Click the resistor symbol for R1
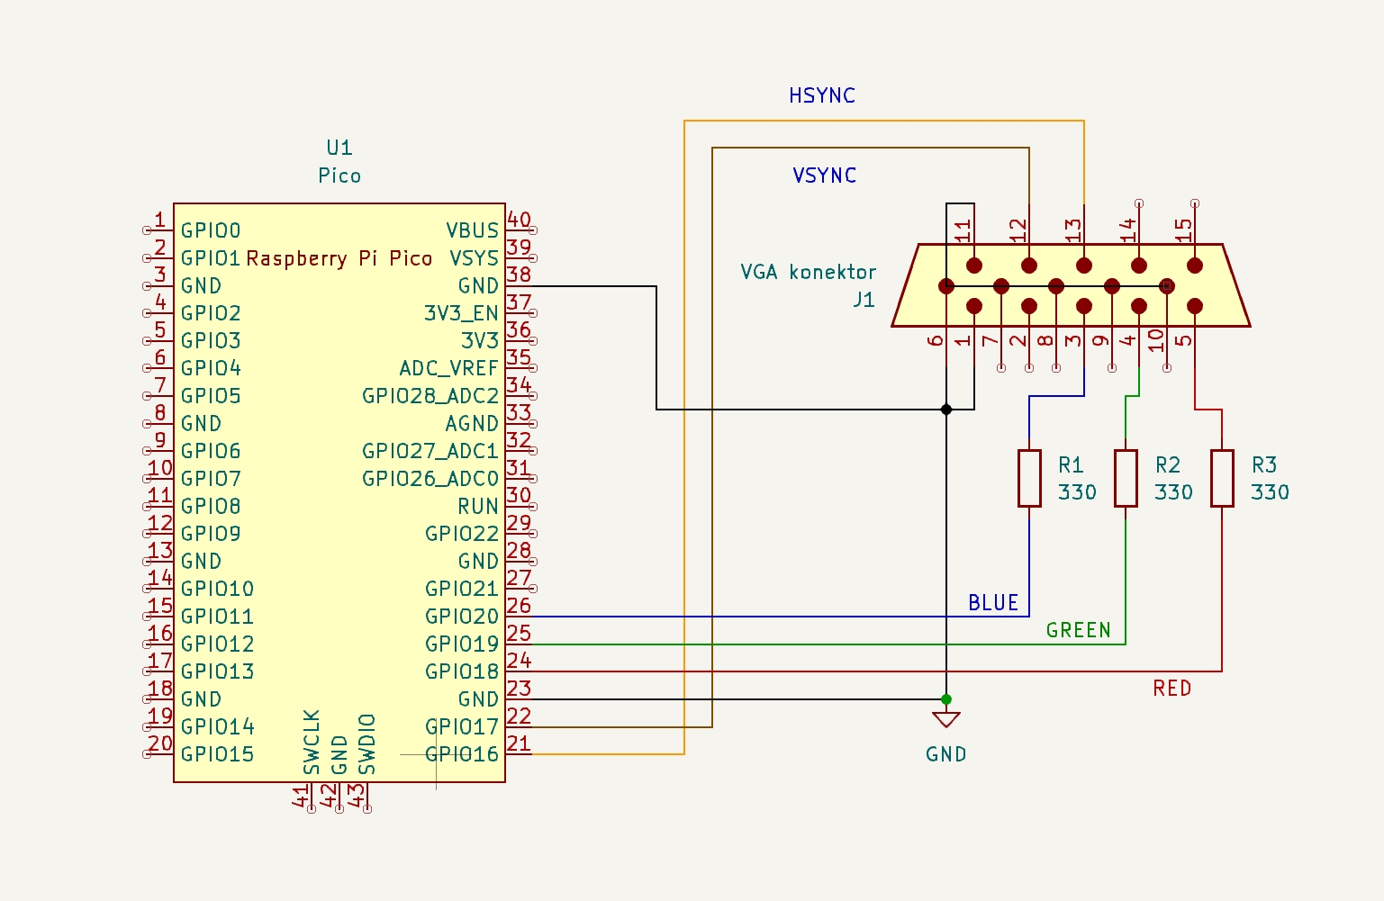1029,479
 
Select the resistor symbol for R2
1126,479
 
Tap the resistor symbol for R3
1222,479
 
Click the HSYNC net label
821,95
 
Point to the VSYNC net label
824,176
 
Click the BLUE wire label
993,603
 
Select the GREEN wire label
1078,630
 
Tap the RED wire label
1171,689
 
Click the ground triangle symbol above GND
945,719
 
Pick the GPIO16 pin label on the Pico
461,754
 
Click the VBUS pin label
472,230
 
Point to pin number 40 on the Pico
519,220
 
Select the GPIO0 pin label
211,230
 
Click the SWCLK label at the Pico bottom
312,743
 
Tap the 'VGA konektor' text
808,272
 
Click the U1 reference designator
339,148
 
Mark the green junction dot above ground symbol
945,699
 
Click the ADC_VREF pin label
448,368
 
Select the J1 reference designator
864,300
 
